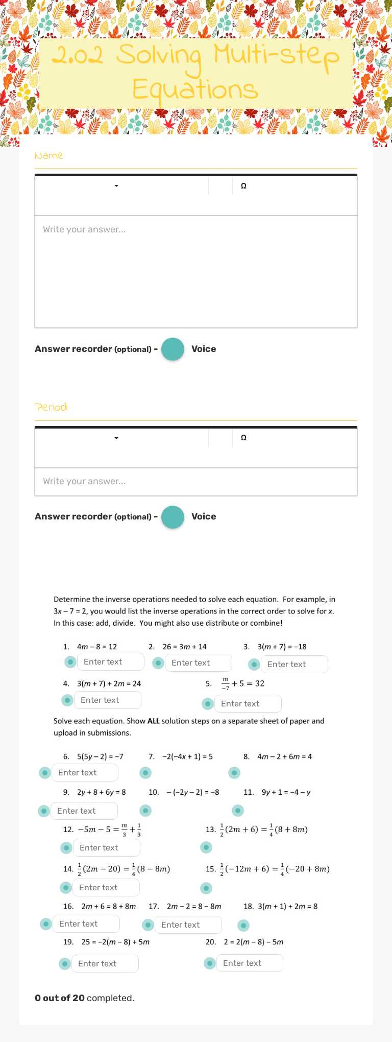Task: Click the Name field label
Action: [49, 155]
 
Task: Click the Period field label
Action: [51, 407]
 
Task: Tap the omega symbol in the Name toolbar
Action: [243, 186]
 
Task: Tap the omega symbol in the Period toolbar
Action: [243, 438]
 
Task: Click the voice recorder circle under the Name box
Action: [173, 349]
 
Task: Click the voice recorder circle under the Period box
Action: [173, 517]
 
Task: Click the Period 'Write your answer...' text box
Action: [195, 481]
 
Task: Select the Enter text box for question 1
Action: [110, 662]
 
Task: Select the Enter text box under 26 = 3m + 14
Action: [198, 663]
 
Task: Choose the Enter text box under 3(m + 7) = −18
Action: [294, 665]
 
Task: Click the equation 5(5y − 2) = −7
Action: [100, 756]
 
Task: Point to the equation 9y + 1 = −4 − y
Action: [286, 792]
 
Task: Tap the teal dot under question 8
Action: [234, 773]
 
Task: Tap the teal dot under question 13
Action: [206, 848]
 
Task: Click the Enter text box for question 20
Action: [250, 963]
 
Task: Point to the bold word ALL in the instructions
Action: [154, 721]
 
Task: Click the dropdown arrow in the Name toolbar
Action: [116, 186]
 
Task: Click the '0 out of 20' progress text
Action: [60, 998]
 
